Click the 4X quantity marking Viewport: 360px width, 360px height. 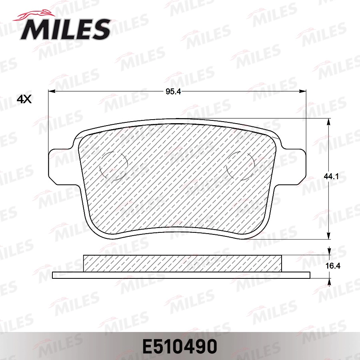pos(24,99)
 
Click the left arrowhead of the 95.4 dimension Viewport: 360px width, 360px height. pos(51,92)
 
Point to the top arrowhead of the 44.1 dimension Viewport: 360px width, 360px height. pos(329,121)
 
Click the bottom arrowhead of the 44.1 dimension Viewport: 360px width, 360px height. pos(329,236)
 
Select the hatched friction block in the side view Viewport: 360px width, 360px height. pos(182,263)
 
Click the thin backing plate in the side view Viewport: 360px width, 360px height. pos(181,275)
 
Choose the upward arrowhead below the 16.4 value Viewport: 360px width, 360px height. pos(329,282)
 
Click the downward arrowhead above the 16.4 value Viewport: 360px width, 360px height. pos(329,251)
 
